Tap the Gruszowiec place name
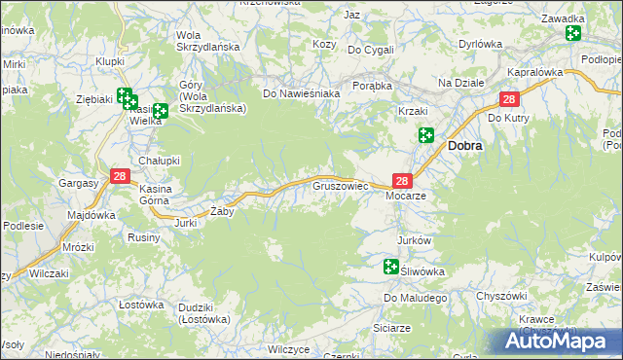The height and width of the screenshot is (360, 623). (338, 183)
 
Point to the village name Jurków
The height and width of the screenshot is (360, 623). (414, 239)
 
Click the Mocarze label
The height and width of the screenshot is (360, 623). (407, 196)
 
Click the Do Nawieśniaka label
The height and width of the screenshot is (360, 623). (301, 93)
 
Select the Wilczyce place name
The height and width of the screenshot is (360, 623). (288, 348)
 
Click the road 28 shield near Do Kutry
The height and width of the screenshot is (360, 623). (509, 99)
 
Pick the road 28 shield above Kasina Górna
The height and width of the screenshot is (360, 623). (120, 176)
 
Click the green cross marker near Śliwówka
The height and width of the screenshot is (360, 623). (391, 266)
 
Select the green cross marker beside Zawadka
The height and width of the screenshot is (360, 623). (572, 34)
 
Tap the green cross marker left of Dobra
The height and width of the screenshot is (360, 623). (425, 135)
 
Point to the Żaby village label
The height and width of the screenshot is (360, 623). (222, 211)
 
